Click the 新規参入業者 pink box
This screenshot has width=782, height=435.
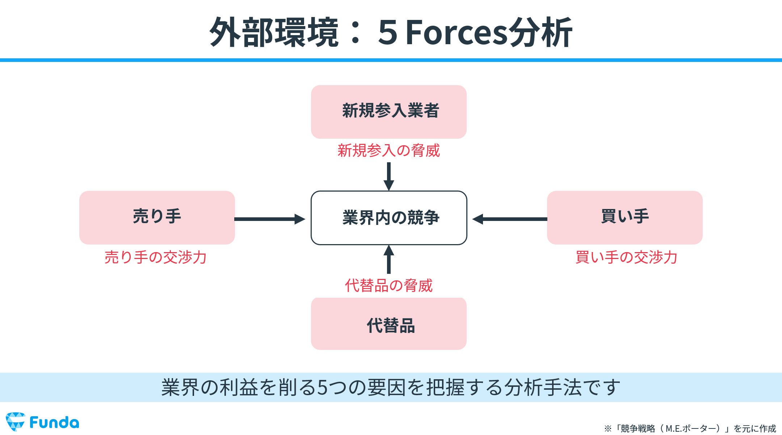pyautogui.click(x=388, y=112)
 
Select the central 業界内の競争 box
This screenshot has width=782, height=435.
pyautogui.click(x=389, y=218)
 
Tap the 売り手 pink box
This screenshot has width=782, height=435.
pyautogui.click(x=157, y=217)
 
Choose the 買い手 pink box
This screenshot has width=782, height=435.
pyautogui.click(x=625, y=217)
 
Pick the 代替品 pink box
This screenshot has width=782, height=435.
pyautogui.click(x=388, y=324)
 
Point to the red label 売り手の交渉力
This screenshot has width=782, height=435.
pyautogui.click(x=155, y=258)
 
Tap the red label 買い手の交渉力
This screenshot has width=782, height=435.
pyautogui.click(x=626, y=258)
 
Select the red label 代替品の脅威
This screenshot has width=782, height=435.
pyautogui.click(x=388, y=286)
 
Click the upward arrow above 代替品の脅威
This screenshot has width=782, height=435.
pyautogui.click(x=389, y=259)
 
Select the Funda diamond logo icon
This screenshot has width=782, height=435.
pyautogui.click(x=16, y=422)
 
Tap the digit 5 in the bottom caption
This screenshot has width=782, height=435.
pyautogui.click(x=323, y=388)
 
